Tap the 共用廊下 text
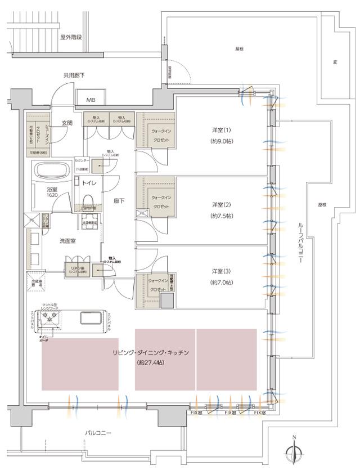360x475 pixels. [x=73, y=75]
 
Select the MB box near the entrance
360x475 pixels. [x=91, y=100]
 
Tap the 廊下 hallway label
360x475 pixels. [x=119, y=200]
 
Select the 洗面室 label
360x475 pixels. [x=68, y=241]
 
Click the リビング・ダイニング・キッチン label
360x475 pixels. [x=150, y=353]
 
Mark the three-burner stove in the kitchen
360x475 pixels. [x=49, y=318]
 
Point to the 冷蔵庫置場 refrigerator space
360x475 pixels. [x=37, y=281]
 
